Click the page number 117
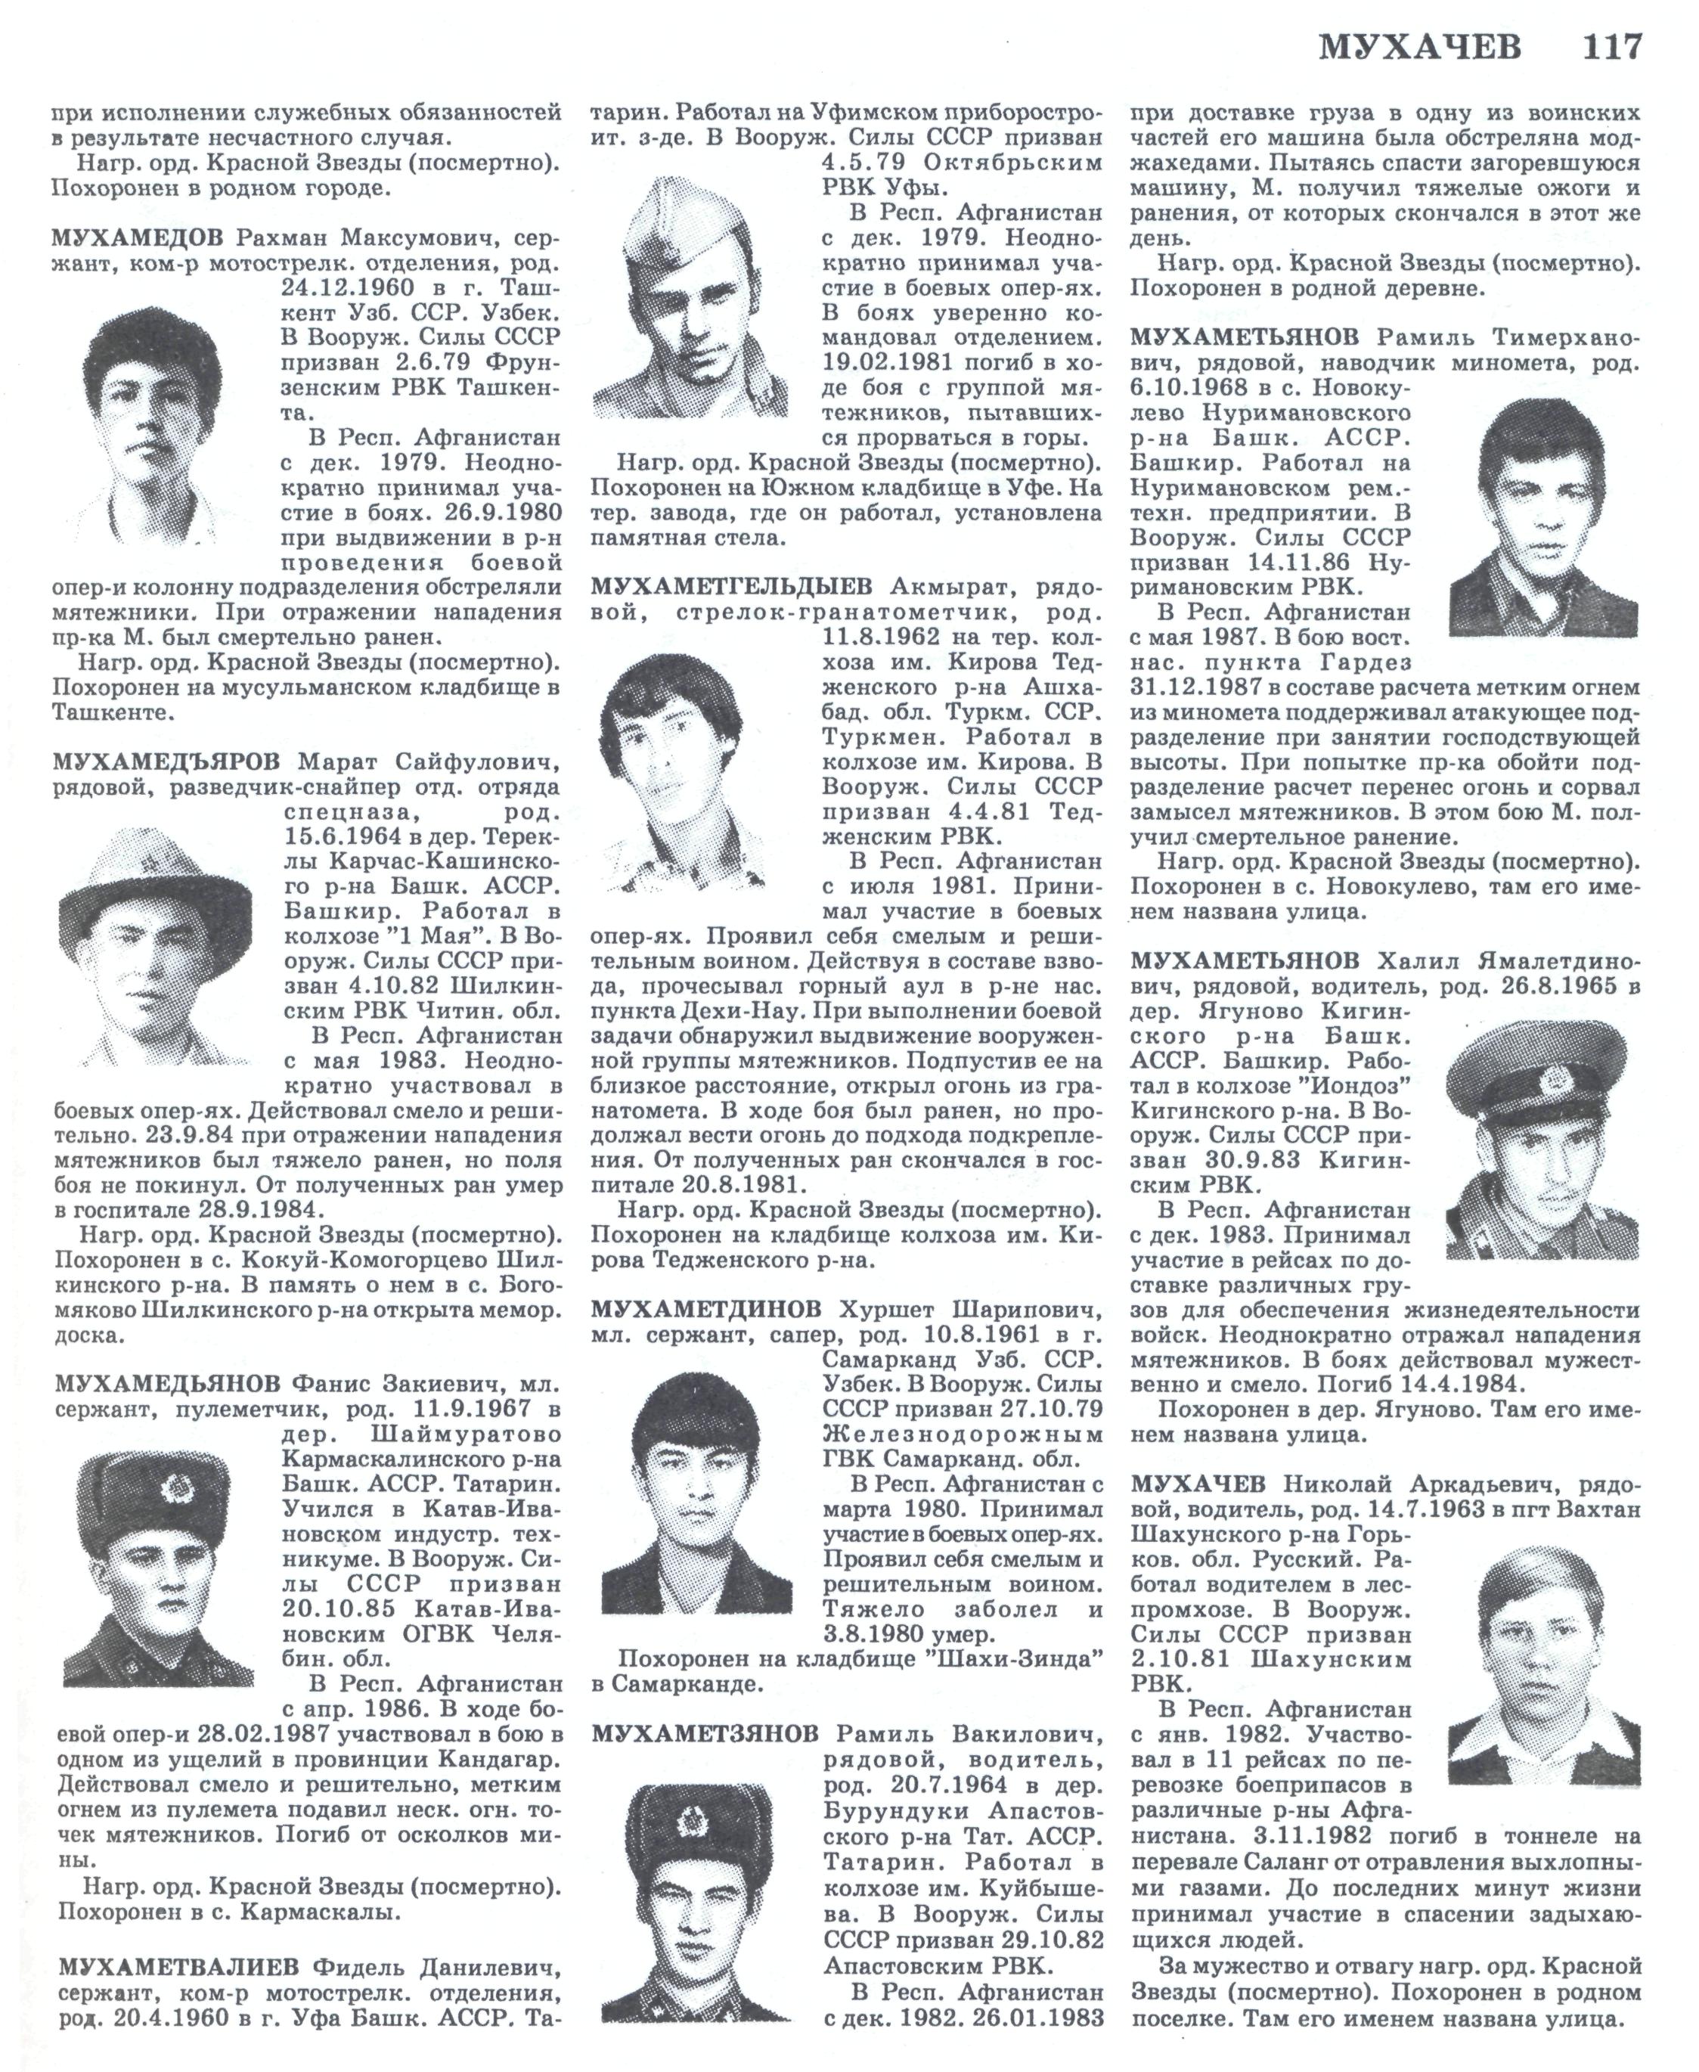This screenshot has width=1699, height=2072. click(x=1613, y=46)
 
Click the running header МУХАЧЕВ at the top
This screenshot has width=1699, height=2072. click(x=1420, y=47)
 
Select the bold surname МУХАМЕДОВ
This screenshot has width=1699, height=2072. click(x=140, y=239)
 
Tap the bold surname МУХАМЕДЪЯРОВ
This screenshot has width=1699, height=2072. click(x=167, y=762)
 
